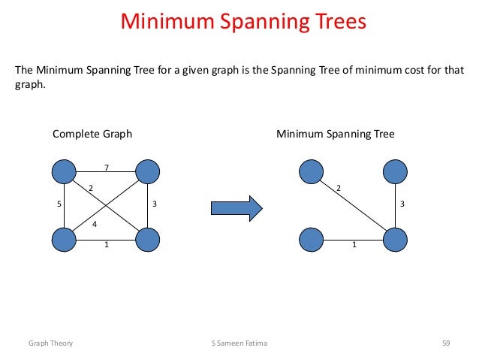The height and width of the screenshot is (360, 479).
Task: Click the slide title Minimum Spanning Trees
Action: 243,21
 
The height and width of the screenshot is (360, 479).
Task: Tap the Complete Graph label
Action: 92,135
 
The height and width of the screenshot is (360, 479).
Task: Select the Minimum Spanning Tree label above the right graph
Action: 336,135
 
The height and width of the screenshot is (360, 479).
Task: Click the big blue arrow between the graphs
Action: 235,205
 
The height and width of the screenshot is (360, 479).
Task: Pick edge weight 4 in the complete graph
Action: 95,224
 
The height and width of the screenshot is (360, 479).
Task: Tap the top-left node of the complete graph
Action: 65,172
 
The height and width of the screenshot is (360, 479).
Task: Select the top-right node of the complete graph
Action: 148,172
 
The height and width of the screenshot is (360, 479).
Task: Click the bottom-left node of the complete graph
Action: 65,240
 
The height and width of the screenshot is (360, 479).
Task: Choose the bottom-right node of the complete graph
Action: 148,240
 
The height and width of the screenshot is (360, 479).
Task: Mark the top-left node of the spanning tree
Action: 311,172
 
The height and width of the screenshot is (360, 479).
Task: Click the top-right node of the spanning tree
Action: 395,172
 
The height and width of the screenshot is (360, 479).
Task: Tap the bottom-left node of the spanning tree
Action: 311,240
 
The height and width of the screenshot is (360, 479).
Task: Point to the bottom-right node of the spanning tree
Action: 395,240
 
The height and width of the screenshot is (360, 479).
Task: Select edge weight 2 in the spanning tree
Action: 338,187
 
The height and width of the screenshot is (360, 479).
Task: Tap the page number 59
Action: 445,343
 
